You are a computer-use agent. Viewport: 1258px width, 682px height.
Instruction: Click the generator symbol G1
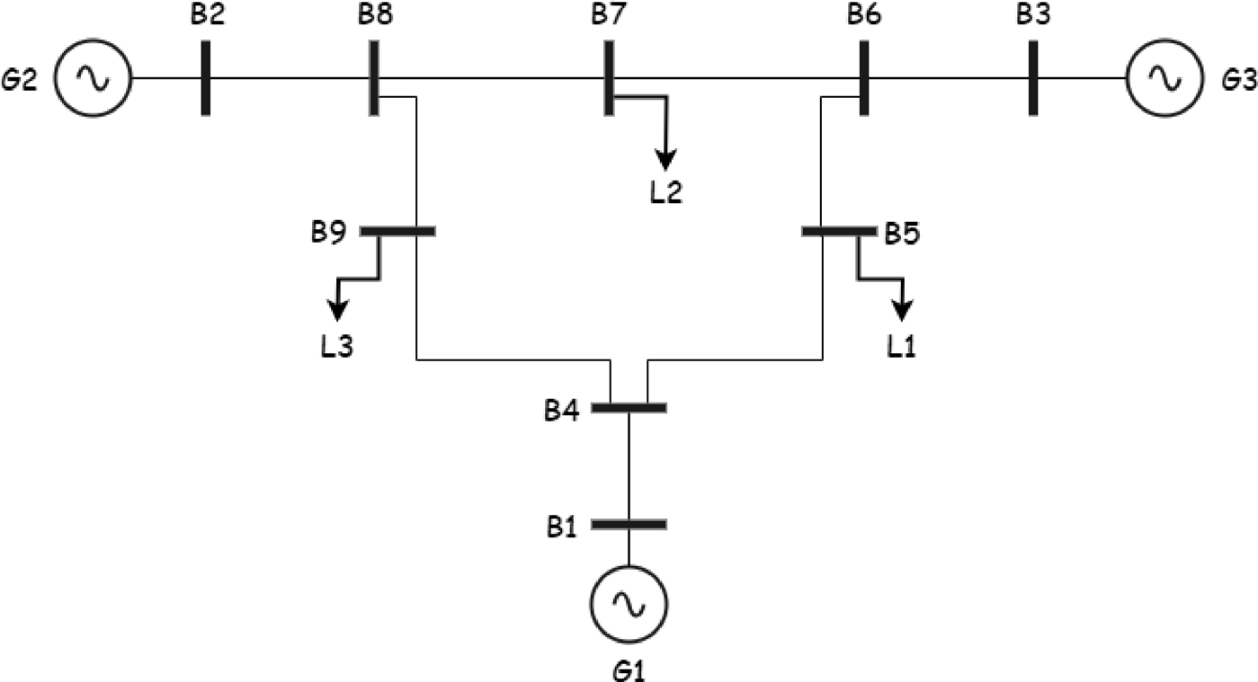(x=629, y=604)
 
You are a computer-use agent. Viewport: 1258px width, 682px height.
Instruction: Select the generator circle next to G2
(x=93, y=78)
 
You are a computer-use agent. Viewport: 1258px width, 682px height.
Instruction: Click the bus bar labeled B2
(x=206, y=78)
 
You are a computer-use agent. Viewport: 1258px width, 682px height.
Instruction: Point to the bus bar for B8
(x=373, y=78)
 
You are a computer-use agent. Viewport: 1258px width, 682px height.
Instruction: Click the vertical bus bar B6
(x=863, y=78)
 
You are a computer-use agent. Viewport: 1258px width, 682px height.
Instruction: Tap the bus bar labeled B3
(x=1032, y=78)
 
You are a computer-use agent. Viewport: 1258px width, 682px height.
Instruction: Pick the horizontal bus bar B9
(x=398, y=231)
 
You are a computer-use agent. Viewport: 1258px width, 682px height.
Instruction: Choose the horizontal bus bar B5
(x=838, y=231)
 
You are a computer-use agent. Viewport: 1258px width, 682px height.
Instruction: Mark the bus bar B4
(x=629, y=408)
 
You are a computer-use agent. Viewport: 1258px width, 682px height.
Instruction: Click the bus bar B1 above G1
(x=629, y=524)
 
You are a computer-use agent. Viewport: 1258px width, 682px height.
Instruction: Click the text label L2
(x=665, y=192)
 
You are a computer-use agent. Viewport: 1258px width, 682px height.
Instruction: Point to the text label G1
(x=629, y=669)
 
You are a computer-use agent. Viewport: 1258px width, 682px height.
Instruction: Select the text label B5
(x=903, y=234)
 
